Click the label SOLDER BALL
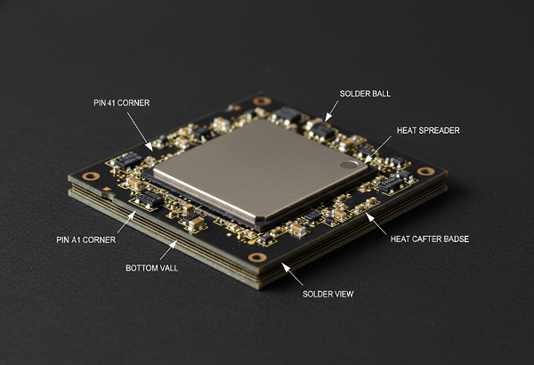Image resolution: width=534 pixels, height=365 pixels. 365,93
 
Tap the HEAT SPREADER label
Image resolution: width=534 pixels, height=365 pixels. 428,131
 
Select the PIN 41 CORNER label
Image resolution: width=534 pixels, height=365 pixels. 122,103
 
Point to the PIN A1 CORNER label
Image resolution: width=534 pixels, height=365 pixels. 85,240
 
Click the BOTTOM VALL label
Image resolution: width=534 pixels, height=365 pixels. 152,268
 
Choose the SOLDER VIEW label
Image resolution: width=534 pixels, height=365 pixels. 328,294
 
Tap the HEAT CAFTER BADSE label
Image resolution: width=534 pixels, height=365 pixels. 430,239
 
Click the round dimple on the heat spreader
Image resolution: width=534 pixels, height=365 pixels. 349,165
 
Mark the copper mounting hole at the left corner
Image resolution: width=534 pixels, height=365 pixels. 91,176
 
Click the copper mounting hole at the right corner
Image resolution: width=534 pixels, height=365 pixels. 425,172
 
